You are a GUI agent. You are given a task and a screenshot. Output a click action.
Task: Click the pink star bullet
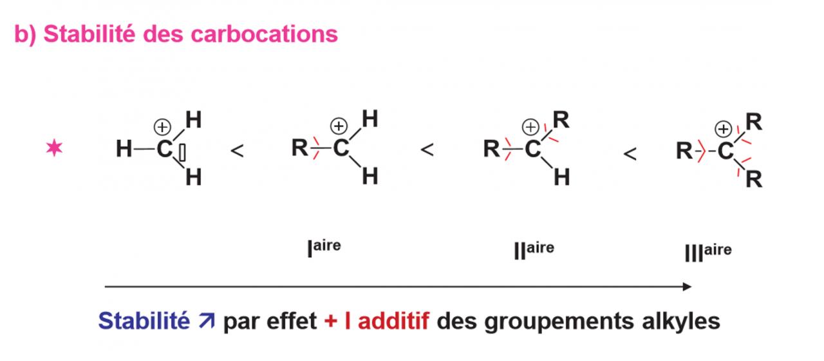[x=55, y=149]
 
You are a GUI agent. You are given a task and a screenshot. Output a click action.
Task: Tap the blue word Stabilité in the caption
[x=143, y=320]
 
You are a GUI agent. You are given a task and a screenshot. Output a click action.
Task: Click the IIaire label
[x=534, y=249]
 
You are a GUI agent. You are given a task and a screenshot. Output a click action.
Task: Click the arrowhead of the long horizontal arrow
[x=687, y=286]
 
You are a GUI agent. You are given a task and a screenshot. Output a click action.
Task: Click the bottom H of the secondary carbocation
[x=561, y=177]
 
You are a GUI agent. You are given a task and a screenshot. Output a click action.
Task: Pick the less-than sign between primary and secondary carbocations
[x=427, y=151]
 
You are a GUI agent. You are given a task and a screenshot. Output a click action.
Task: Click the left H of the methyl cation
[x=124, y=150]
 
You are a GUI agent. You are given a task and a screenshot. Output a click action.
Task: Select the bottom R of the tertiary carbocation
[x=754, y=180]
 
